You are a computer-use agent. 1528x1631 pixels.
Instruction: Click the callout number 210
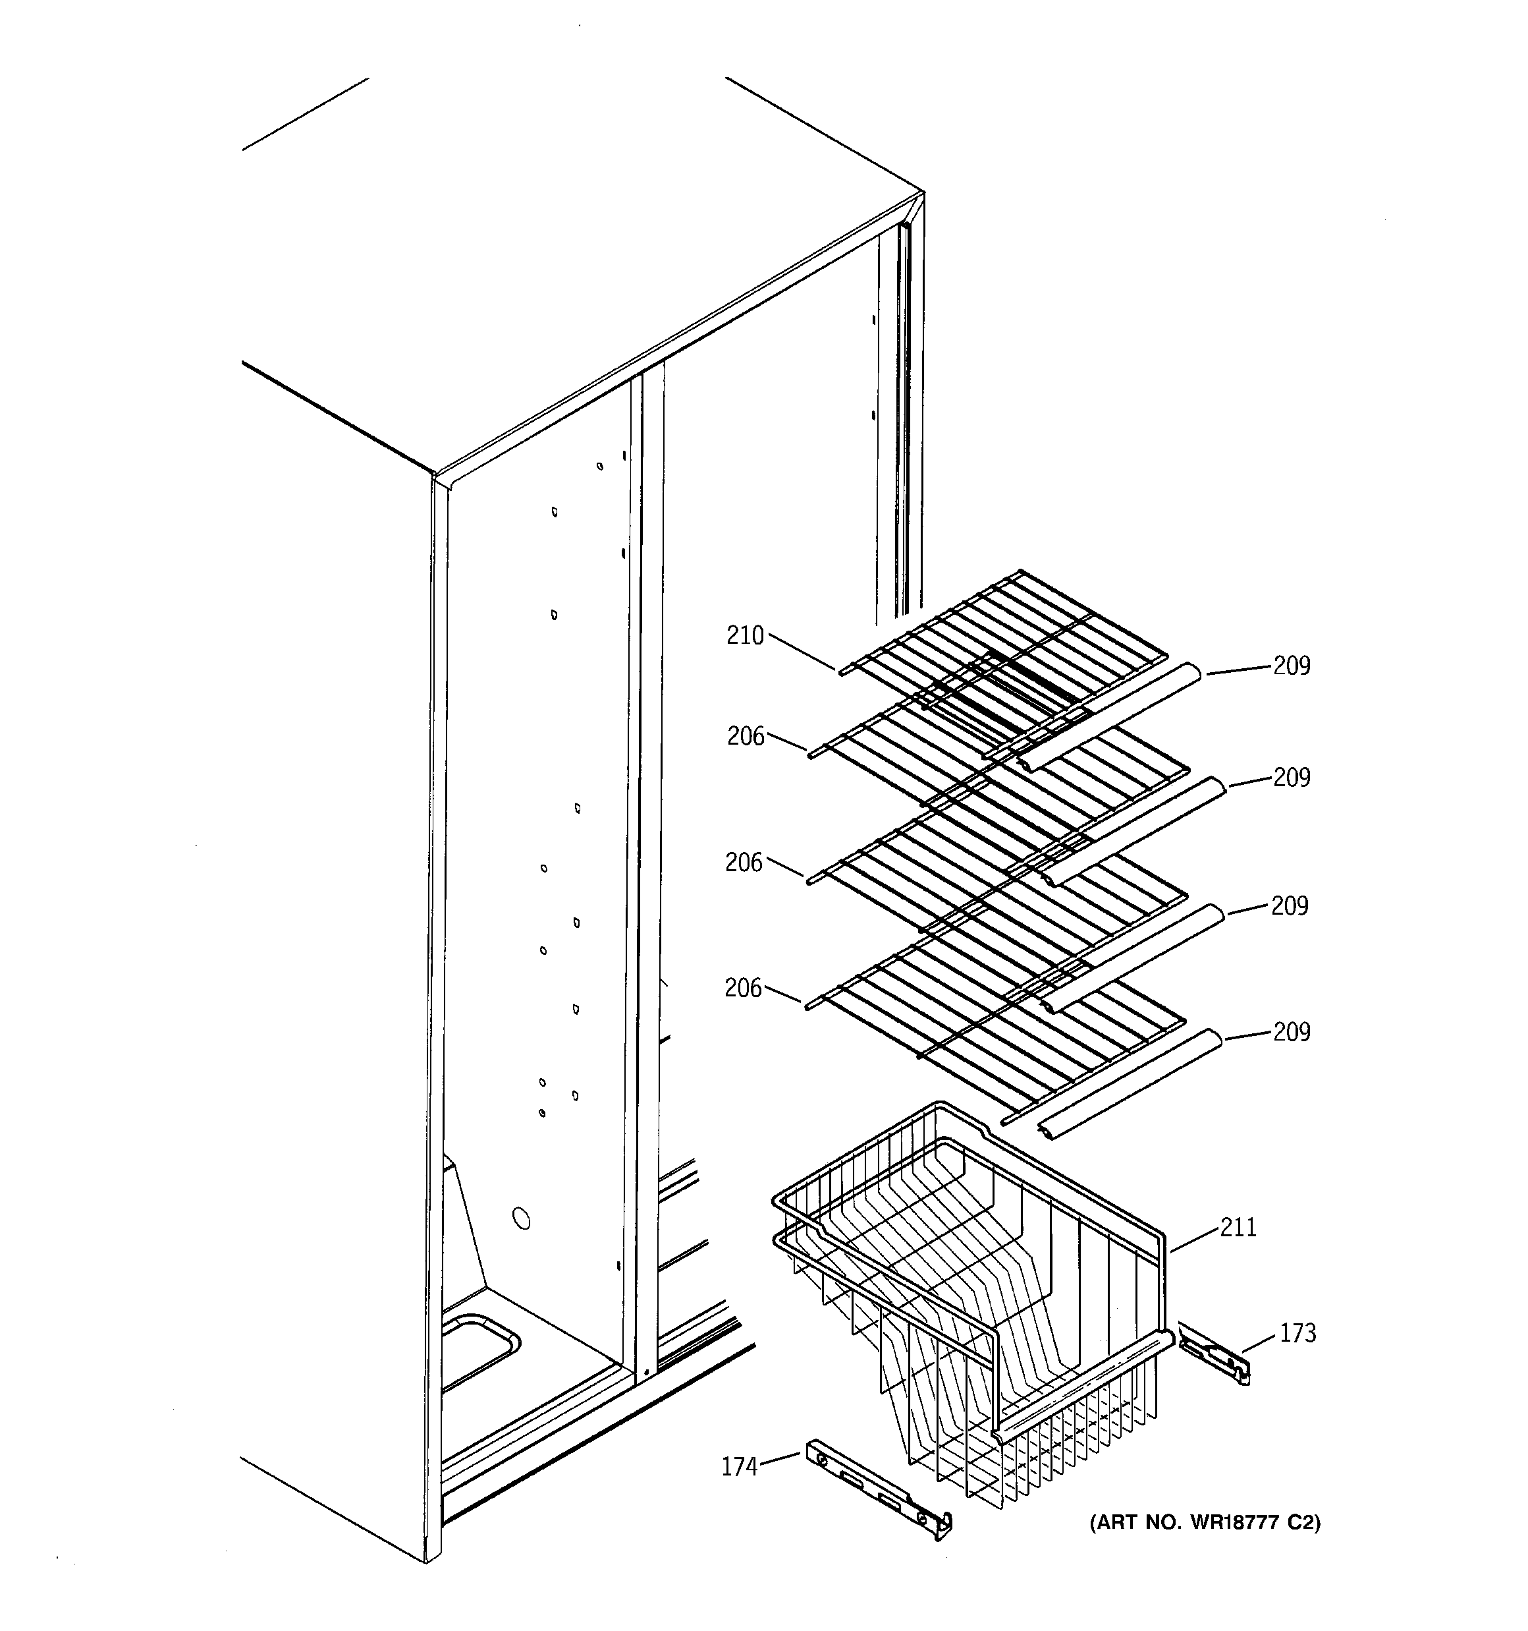745,636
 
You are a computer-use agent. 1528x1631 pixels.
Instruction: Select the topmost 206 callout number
746,737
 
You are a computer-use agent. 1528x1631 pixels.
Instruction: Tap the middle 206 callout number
744,862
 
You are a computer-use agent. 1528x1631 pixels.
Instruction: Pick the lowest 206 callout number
743,988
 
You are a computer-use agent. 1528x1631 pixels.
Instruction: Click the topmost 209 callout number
1291,666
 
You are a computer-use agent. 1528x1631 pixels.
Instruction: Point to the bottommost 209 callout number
1291,1032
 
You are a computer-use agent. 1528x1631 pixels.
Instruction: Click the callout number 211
1238,1227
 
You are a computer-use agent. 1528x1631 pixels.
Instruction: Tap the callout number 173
1297,1333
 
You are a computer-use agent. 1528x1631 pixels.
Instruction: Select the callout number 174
739,1467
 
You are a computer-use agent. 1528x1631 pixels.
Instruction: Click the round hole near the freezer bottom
520,1218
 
